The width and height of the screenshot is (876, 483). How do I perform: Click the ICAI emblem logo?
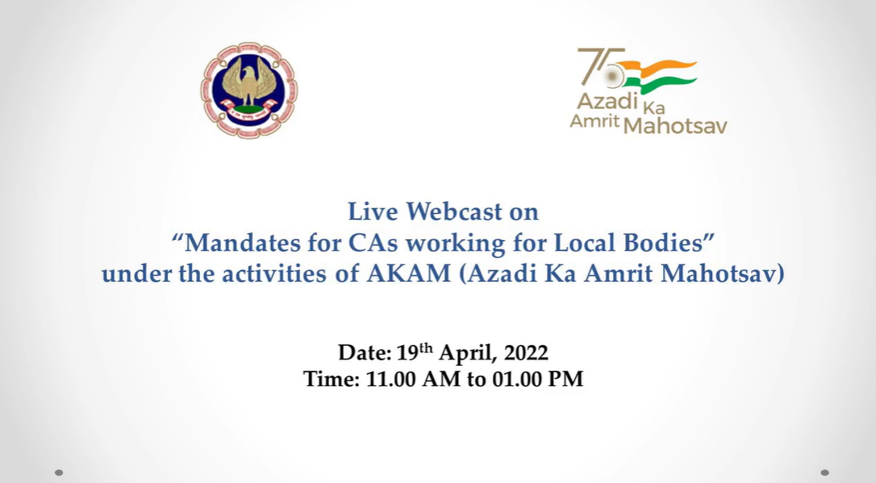point(249,90)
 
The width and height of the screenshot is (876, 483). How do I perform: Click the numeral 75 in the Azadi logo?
point(601,66)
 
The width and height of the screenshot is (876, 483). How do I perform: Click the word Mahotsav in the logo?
point(675,126)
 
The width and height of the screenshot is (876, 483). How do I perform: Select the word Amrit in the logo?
point(594,120)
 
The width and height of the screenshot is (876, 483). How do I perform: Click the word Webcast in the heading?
point(454,212)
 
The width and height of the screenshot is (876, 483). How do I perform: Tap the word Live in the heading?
point(373,212)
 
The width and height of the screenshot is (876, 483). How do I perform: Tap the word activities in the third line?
point(273,274)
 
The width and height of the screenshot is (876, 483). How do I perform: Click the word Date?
point(365,353)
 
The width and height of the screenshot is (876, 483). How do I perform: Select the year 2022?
point(526,353)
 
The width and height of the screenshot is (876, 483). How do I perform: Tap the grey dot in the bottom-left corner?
point(59,473)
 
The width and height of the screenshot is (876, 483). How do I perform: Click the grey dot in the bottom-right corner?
point(824,473)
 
